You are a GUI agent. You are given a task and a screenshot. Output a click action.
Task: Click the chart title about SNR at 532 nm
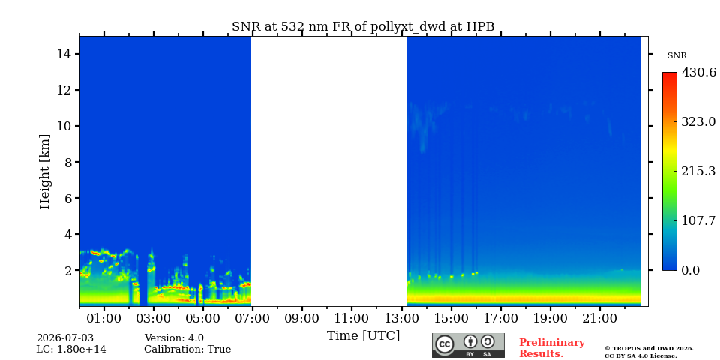[363, 27]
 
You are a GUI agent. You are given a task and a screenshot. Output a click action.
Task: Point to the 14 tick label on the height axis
[64, 54]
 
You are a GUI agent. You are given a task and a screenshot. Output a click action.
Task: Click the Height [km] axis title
[44, 172]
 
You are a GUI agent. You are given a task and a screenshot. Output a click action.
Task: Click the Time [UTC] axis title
[363, 336]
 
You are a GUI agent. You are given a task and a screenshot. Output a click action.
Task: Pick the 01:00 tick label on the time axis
[105, 318]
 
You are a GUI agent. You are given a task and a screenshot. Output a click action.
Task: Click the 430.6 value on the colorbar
[699, 73]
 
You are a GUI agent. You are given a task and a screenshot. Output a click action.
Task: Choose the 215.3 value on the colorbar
[698, 172]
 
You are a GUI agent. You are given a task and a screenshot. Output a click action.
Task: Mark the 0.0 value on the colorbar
[690, 270]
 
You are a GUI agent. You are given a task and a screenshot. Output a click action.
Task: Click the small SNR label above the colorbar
[676, 56]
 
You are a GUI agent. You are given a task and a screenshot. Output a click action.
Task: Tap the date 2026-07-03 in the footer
[65, 338]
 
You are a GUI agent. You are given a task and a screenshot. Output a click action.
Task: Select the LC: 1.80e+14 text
[71, 349]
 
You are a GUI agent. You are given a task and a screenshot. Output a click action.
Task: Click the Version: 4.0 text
[174, 338]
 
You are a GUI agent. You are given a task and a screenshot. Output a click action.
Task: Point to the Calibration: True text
[187, 349]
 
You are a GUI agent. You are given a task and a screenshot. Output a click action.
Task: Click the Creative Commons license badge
[468, 345]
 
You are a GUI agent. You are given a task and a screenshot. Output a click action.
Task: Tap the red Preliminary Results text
[551, 348]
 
